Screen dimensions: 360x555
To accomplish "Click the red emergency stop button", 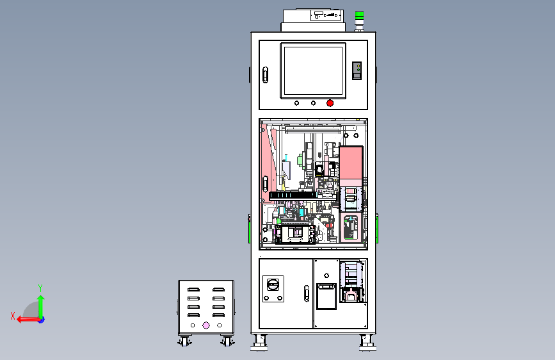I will click(330, 102).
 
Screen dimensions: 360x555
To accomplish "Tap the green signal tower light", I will click(359, 15).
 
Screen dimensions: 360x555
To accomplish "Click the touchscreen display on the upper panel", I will click(312, 70).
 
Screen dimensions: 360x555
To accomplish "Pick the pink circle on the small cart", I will click(206, 325).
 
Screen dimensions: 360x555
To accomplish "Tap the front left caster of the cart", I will click(184, 342).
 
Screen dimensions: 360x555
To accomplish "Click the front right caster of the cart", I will click(227, 342).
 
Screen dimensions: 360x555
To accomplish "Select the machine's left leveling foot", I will click(259, 343).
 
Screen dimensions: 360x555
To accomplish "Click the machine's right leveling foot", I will click(367, 343).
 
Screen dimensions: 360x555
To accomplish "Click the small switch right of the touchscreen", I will click(358, 70).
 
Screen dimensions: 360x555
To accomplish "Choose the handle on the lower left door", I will click(307, 293).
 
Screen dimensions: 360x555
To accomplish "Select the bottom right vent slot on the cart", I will click(219, 315).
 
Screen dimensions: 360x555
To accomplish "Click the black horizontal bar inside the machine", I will click(292, 195).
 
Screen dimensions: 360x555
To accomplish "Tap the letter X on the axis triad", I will click(12, 315).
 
